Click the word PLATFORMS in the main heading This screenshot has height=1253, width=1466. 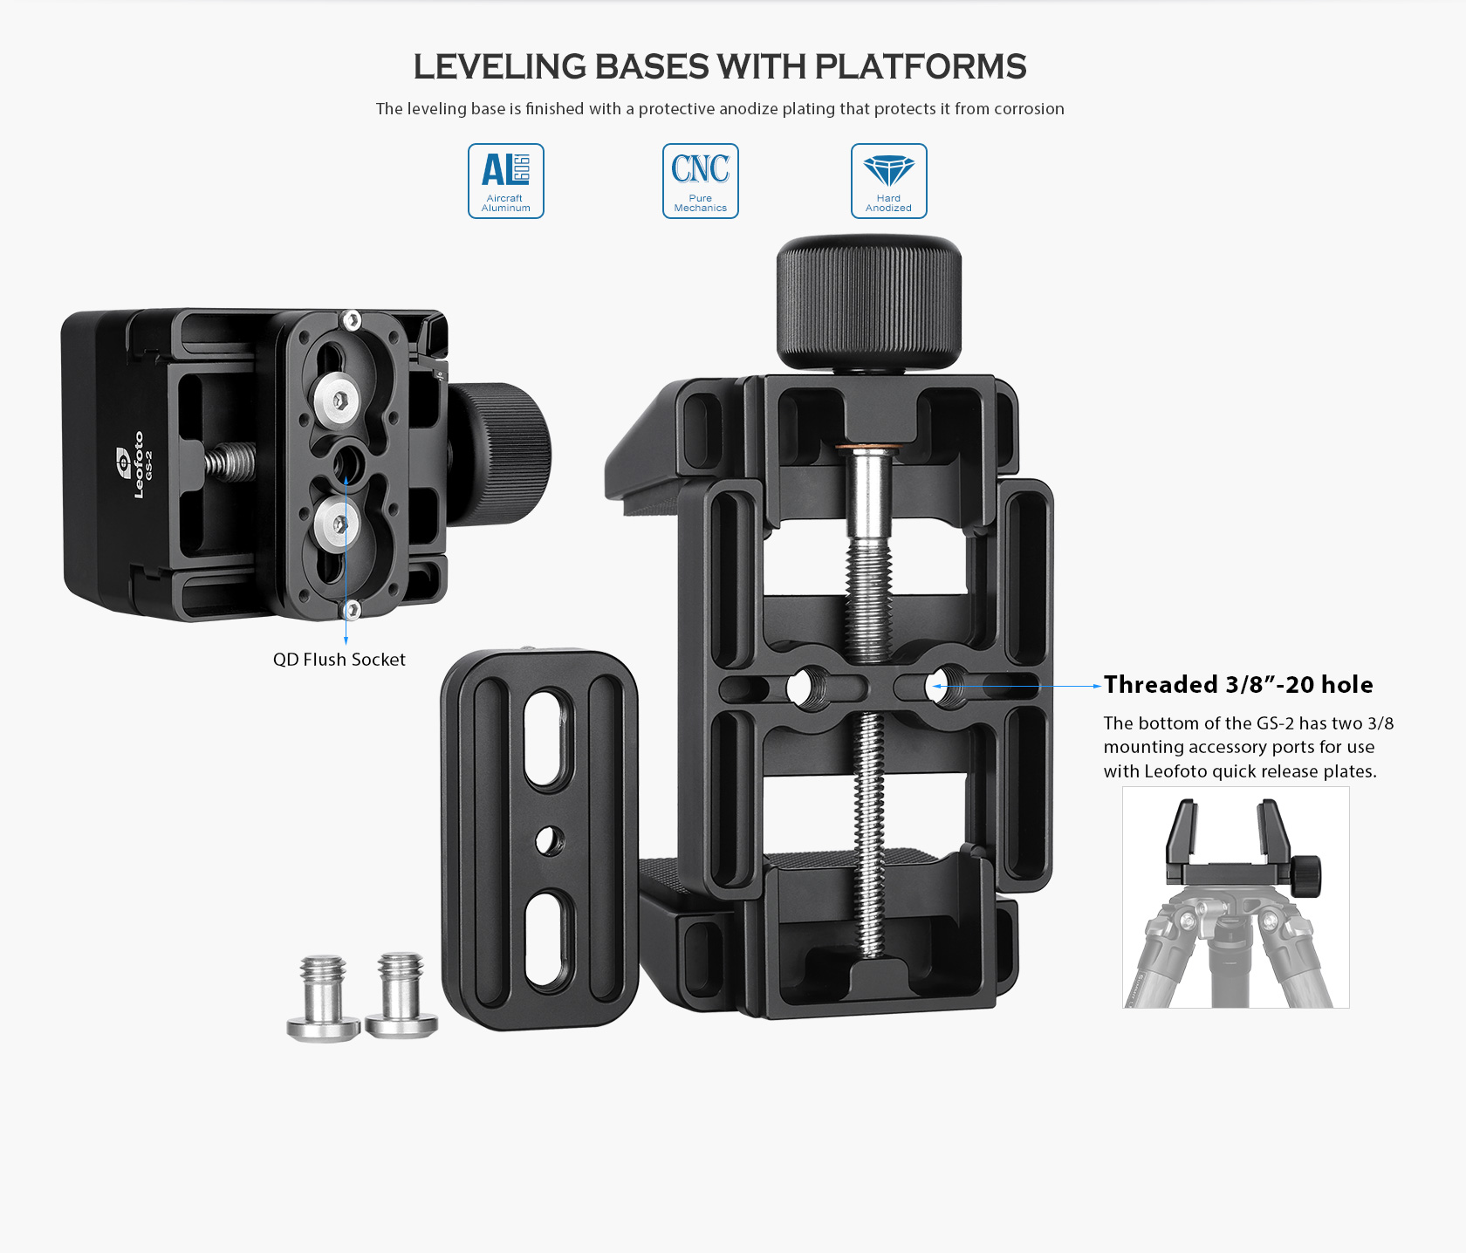pos(920,67)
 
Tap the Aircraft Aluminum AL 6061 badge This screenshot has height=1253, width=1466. pos(506,181)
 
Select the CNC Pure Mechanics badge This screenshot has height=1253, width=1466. pos(701,181)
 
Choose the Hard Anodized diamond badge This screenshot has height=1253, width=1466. pos(889,181)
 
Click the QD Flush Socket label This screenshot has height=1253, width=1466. pos(339,660)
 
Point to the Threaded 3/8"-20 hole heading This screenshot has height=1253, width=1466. pos(1238,685)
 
